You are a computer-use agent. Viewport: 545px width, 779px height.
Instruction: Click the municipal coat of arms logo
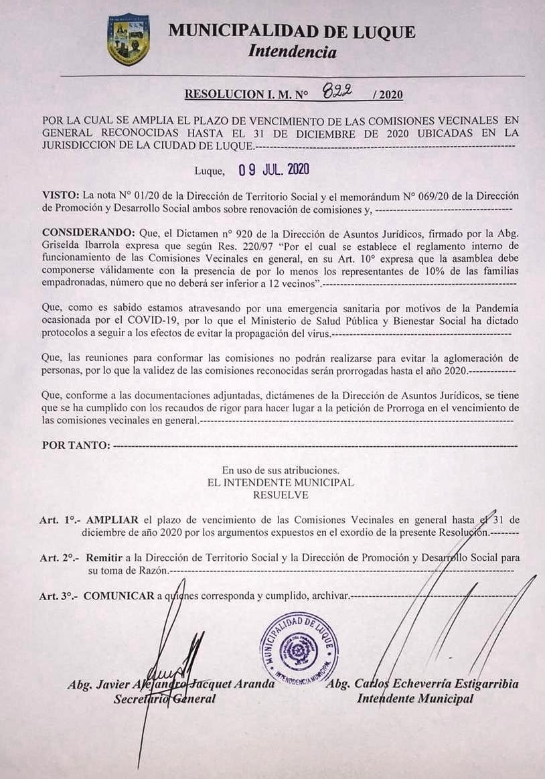click(128, 41)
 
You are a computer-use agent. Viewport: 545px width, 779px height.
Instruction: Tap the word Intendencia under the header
click(292, 51)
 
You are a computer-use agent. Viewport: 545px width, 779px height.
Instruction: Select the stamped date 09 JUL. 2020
click(274, 169)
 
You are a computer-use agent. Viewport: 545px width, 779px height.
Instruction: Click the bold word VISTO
click(60, 195)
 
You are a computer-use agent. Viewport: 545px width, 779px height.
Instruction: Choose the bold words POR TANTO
click(75, 445)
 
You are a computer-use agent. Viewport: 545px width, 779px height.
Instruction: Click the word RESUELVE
click(281, 495)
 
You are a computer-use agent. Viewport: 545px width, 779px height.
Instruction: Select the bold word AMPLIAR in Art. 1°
click(112, 519)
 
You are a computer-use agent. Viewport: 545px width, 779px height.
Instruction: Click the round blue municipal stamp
click(299, 645)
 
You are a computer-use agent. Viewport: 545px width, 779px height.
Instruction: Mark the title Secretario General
click(165, 699)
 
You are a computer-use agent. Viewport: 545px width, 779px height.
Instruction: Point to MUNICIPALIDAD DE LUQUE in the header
click(292, 31)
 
